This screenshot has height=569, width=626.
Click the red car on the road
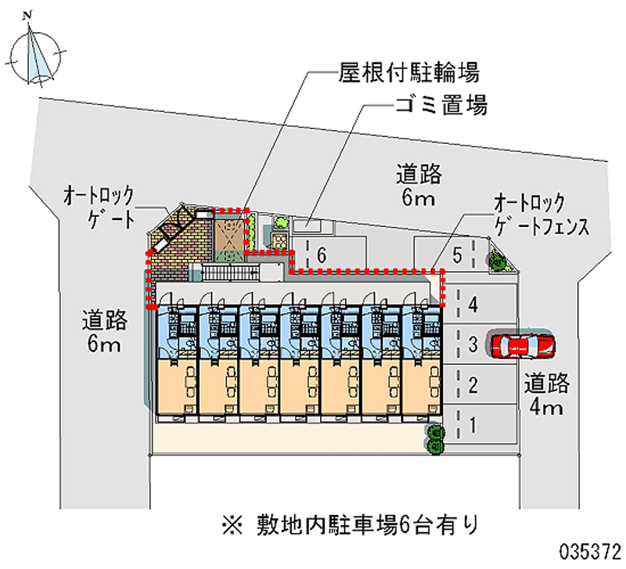(522, 344)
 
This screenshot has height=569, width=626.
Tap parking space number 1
(473, 426)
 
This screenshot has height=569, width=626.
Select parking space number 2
(473, 384)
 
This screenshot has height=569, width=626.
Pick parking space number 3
(473, 344)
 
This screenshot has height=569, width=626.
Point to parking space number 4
(473, 304)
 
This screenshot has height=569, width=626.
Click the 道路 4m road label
(547, 395)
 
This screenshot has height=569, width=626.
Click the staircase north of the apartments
(232, 273)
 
